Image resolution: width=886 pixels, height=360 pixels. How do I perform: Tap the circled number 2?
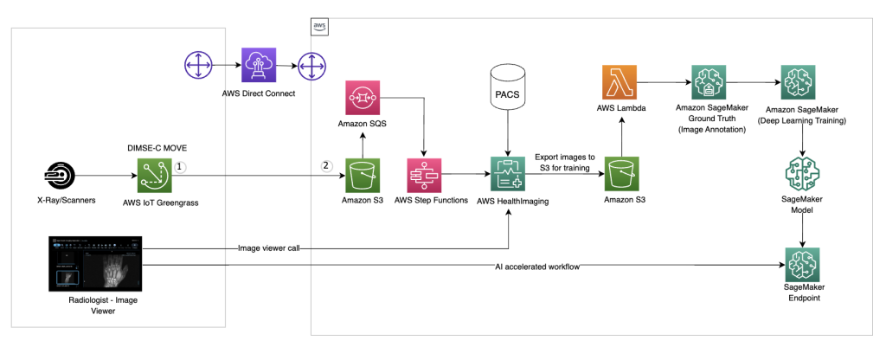pos(326,167)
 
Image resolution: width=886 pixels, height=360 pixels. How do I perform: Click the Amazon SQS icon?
pos(363,99)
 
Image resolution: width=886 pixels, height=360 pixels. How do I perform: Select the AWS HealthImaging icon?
pos(508,176)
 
